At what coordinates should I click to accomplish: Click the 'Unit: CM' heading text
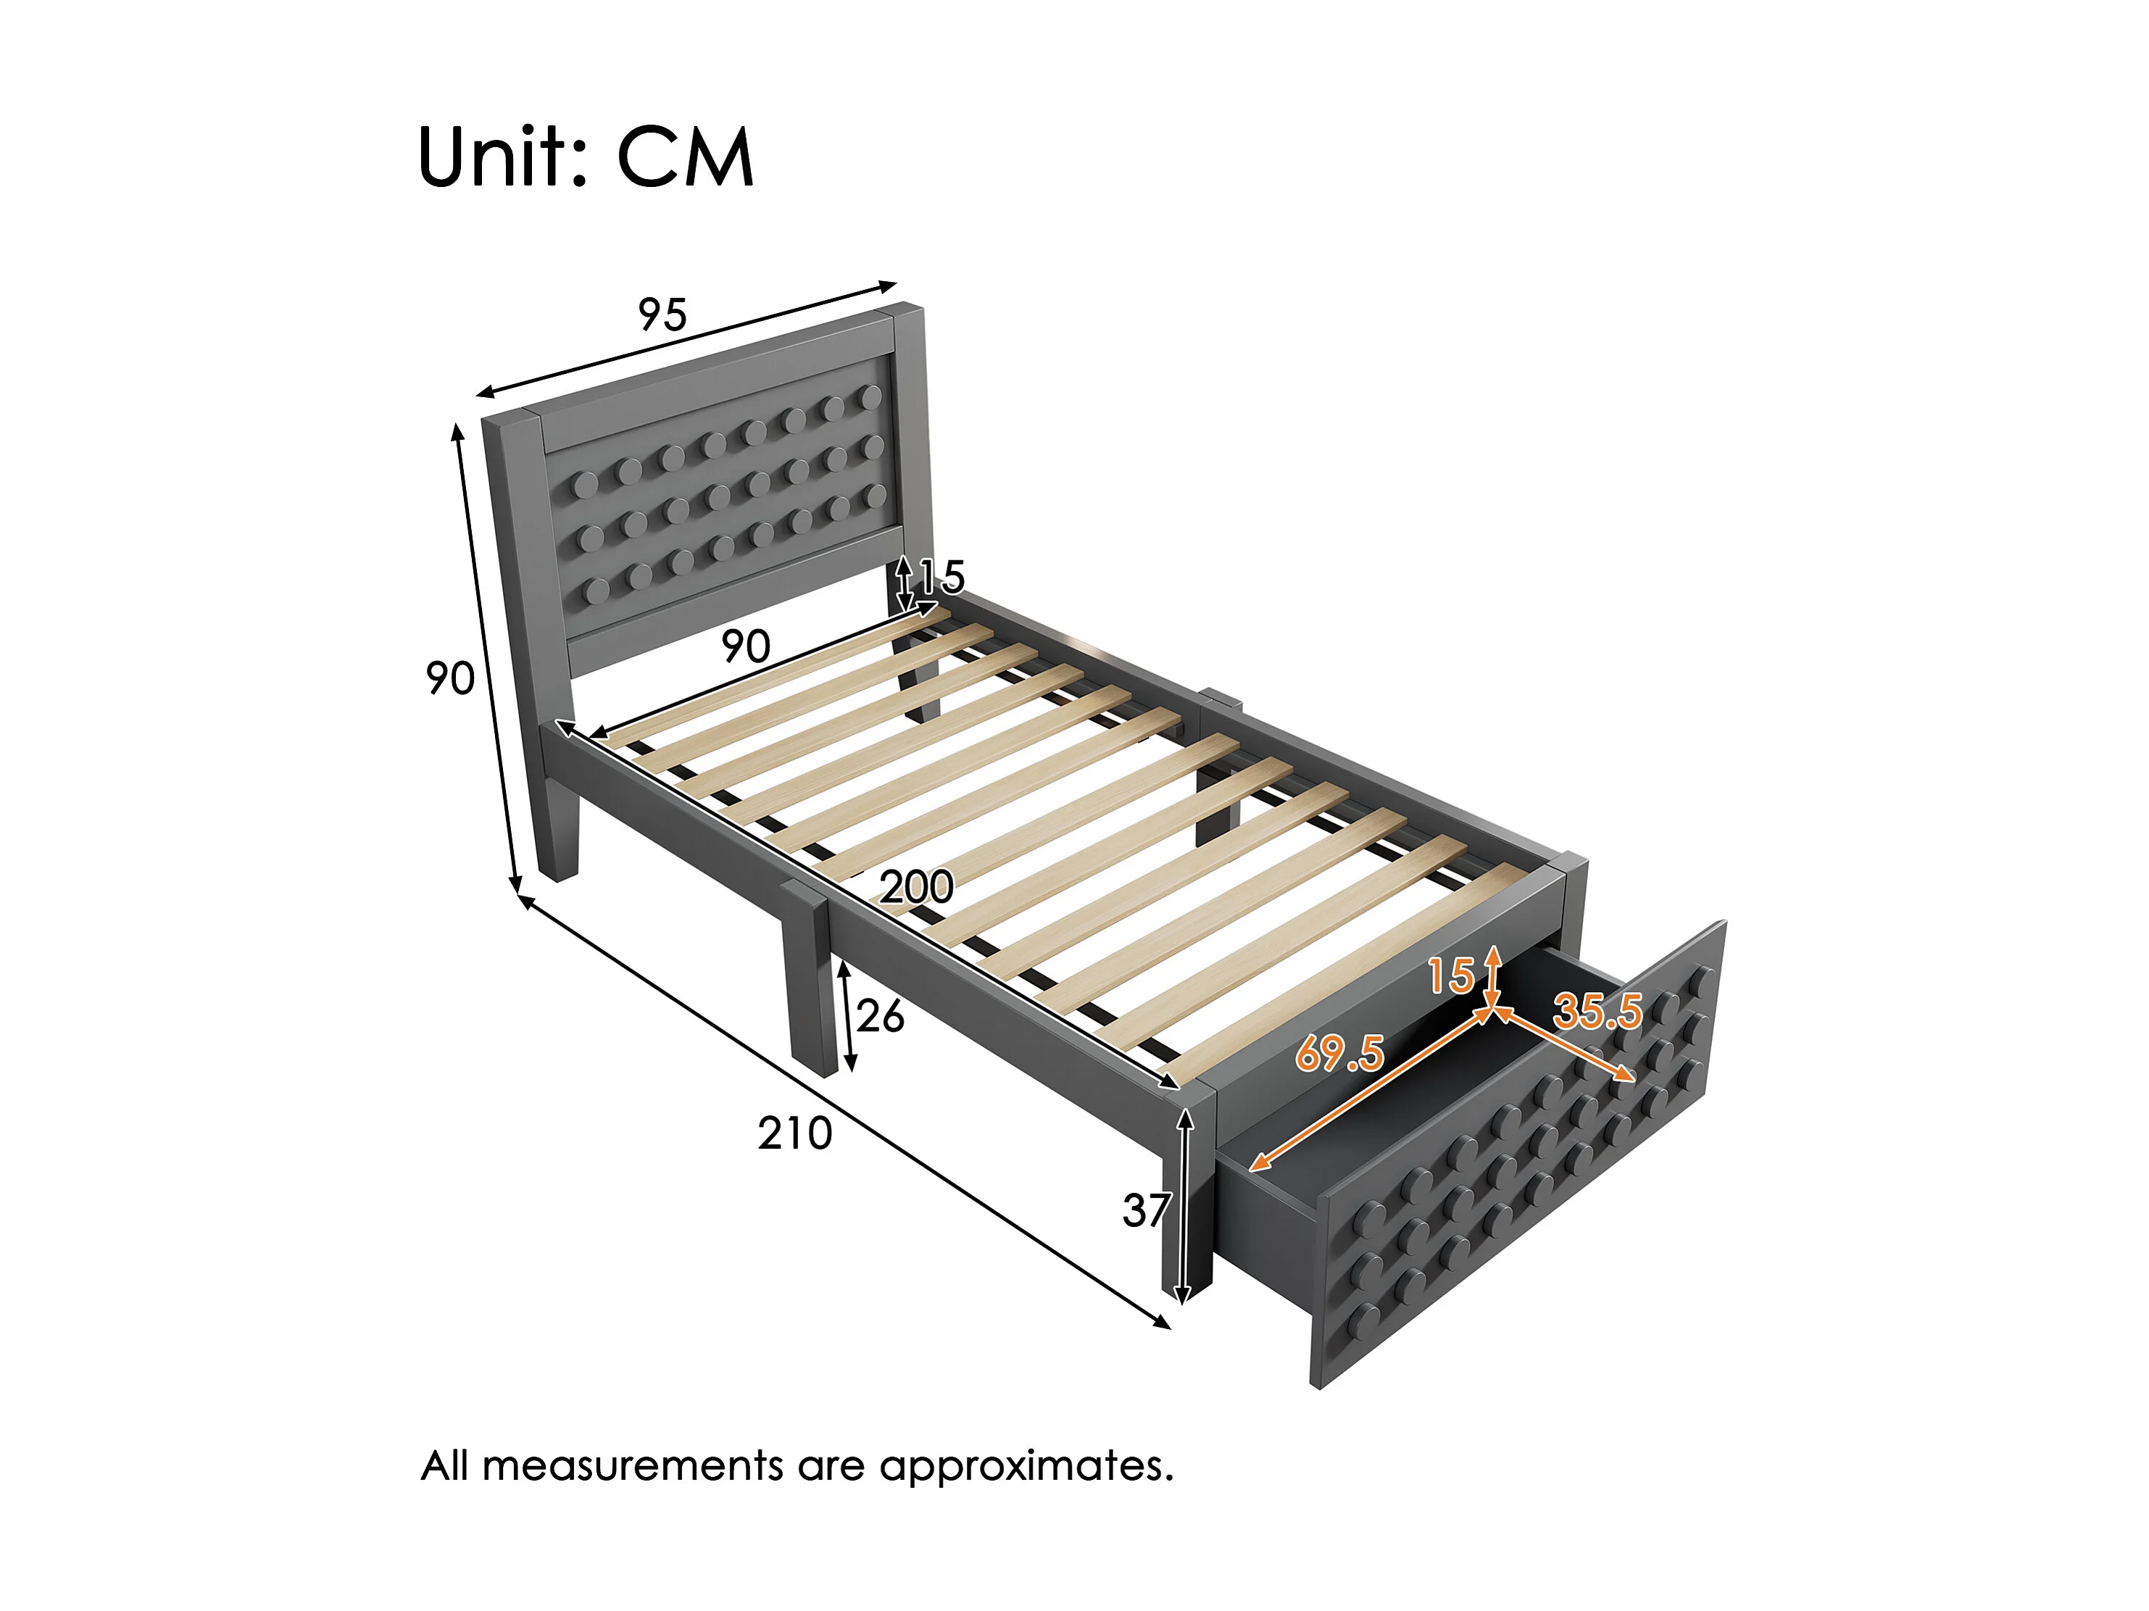586,157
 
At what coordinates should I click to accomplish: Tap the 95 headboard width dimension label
662,315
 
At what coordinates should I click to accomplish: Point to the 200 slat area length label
916,887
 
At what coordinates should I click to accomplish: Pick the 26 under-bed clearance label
880,1016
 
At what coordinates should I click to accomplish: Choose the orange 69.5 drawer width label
1339,1052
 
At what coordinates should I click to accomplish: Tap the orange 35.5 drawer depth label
1597,1012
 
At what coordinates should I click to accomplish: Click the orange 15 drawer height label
1452,975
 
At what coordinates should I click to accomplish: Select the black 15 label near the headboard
942,577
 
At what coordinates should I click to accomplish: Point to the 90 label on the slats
746,647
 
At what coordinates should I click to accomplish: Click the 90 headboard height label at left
450,678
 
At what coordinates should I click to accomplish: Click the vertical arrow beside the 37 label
1184,1206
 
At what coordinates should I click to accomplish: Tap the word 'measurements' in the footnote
633,1466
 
